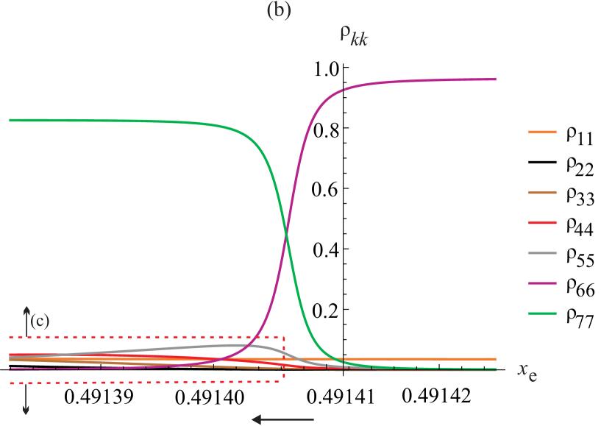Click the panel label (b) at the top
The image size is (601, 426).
278,13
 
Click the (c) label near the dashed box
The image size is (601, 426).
40,321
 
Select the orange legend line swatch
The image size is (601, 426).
542,132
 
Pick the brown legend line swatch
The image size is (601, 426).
542,193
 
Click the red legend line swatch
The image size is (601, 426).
542,223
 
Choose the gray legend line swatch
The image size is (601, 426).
542,253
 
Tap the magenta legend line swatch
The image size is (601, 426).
542,283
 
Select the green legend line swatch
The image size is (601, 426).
542,313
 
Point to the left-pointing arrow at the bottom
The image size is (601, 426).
282,419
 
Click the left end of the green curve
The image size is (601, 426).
10,120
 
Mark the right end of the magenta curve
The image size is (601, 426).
495,79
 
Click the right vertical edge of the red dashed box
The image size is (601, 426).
284,359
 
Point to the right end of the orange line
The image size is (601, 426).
495,359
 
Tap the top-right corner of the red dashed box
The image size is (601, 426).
284,337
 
